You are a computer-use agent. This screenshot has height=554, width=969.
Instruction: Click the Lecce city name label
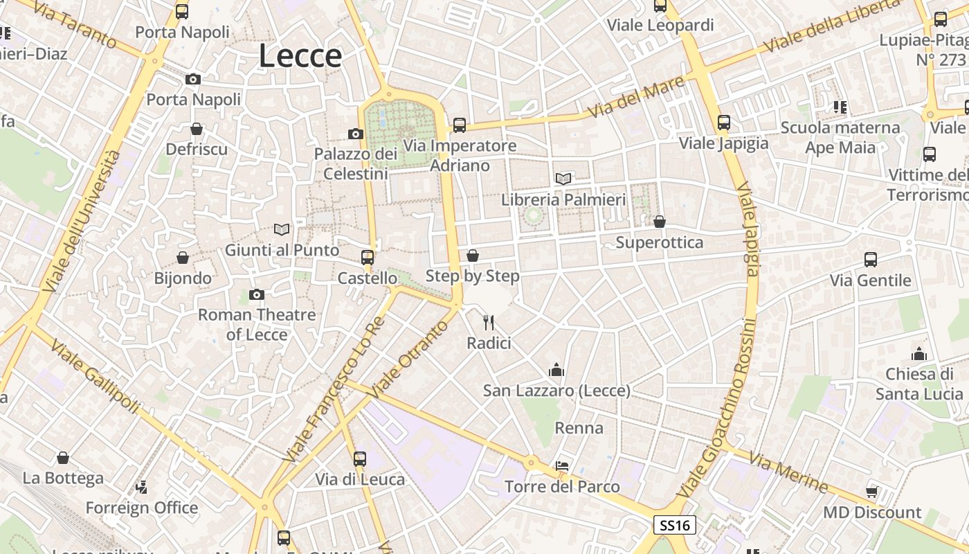[x=300, y=56]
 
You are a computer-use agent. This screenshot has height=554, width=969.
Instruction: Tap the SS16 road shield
[x=675, y=525]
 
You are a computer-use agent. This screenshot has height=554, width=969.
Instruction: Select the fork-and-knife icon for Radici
[x=489, y=321]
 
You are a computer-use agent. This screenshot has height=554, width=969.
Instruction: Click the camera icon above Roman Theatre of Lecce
[x=257, y=295]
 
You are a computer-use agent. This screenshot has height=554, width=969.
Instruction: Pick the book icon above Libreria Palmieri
[x=563, y=179]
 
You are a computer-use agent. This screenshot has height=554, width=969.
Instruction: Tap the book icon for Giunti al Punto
[x=282, y=229]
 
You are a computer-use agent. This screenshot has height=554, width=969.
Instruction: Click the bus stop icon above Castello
[x=368, y=258]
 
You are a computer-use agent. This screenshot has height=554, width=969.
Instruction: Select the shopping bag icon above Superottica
[x=660, y=222]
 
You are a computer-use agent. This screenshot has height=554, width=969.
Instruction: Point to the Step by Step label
[x=472, y=276]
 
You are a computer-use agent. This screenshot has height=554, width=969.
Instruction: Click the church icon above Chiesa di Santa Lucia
[x=919, y=355]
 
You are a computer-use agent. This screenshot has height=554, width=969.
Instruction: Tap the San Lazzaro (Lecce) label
[x=556, y=391]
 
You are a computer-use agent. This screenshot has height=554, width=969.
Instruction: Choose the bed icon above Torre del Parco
[x=562, y=466]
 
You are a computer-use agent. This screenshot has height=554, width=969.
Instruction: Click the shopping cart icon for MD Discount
[x=872, y=492]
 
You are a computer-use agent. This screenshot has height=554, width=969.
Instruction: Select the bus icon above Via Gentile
[x=871, y=260]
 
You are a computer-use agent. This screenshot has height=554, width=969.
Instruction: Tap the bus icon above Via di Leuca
[x=360, y=458]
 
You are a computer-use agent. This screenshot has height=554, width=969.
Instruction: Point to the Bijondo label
[x=183, y=278]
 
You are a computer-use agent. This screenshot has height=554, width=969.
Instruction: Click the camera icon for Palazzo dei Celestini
[x=356, y=134]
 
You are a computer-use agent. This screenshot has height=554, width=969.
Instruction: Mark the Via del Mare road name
[x=636, y=98]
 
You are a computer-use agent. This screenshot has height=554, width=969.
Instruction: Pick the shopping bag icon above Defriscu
[x=197, y=129]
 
